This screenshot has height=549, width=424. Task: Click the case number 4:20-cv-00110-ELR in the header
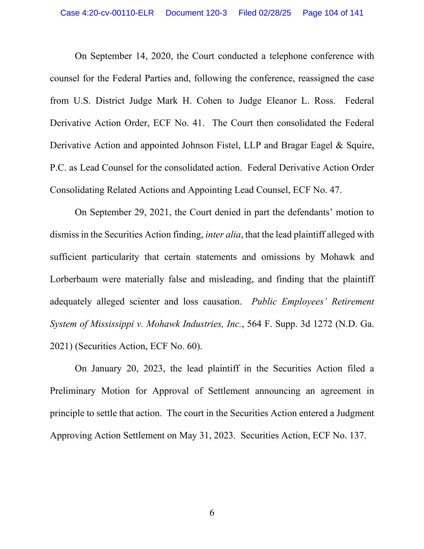point(107,13)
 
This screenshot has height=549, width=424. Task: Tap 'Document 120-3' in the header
point(196,13)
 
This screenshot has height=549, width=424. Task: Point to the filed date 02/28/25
point(275,13)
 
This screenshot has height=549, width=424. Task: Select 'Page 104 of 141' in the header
point(333,13)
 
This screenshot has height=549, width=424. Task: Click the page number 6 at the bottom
point(212,513)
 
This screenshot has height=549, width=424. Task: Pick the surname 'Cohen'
point(209,101)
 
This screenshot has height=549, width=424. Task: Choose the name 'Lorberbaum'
point(74,279)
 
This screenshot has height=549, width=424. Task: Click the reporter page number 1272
point(322,324)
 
